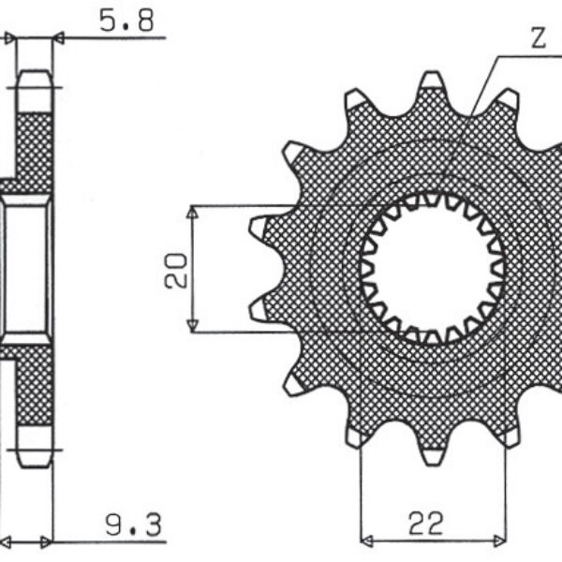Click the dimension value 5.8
126,21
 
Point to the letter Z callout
538,38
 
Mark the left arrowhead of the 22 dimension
366,540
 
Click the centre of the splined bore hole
433,268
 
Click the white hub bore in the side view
27,267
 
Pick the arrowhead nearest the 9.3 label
45,541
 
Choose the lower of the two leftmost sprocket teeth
259,308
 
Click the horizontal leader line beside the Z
529,56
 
